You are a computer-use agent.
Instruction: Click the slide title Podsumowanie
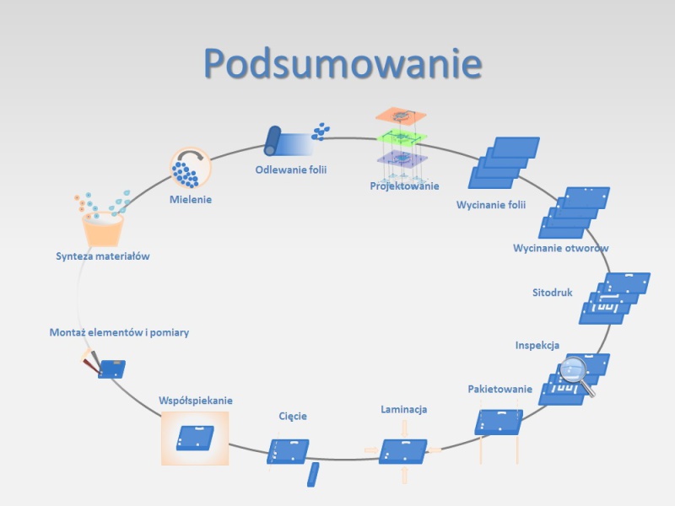point(343,63)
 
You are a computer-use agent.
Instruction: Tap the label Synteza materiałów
point(103,256)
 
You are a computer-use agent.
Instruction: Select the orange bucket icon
point(103,229)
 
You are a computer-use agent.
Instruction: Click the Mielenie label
point(191,200)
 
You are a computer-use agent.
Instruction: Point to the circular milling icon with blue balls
point(191,168)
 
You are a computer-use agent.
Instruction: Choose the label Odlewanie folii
point(291,170)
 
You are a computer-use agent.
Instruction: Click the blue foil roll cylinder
point(272,141)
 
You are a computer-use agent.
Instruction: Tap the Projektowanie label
point(405,186)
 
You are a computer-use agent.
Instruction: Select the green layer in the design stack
point(402,137)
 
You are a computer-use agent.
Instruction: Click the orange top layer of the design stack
point(401,115)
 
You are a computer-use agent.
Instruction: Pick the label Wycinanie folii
point(491,205)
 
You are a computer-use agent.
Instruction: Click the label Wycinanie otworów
point(561,248)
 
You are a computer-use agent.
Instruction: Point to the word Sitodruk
point(553,293)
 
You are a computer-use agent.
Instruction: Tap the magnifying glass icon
point(577,374)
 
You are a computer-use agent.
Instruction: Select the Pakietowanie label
point(500,390)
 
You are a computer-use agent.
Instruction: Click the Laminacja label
point(404,409)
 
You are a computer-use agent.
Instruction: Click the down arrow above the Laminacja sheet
point(404,429)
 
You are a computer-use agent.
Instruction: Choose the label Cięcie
point(293,416)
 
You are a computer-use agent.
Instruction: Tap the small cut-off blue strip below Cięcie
point(313,475)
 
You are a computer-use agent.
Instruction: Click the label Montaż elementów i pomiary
point(119,332)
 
